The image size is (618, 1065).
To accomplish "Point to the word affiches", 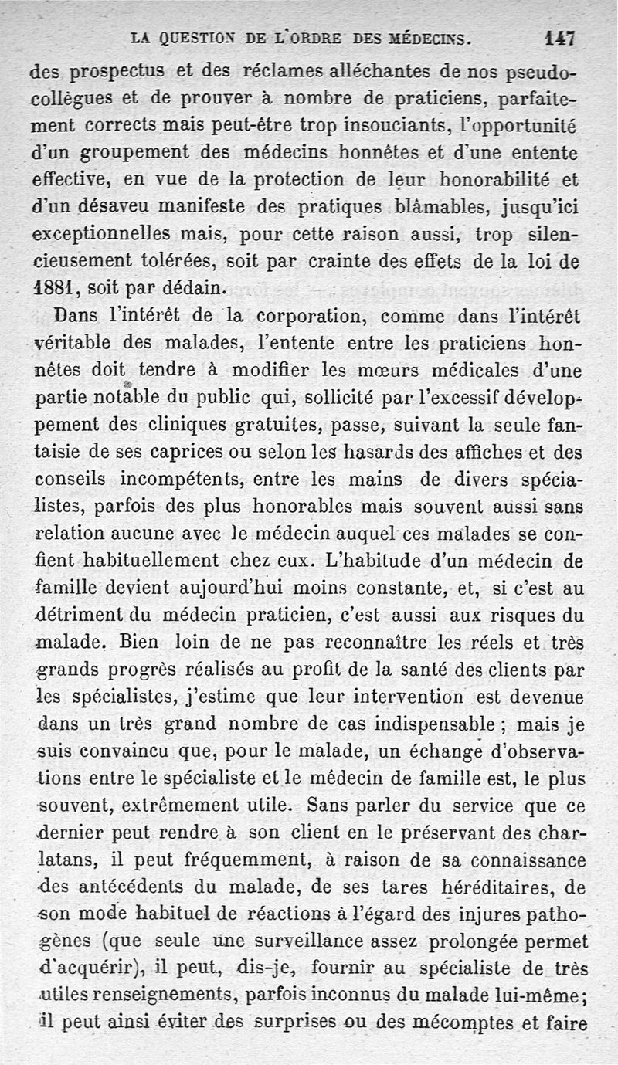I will click(442, 452).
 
